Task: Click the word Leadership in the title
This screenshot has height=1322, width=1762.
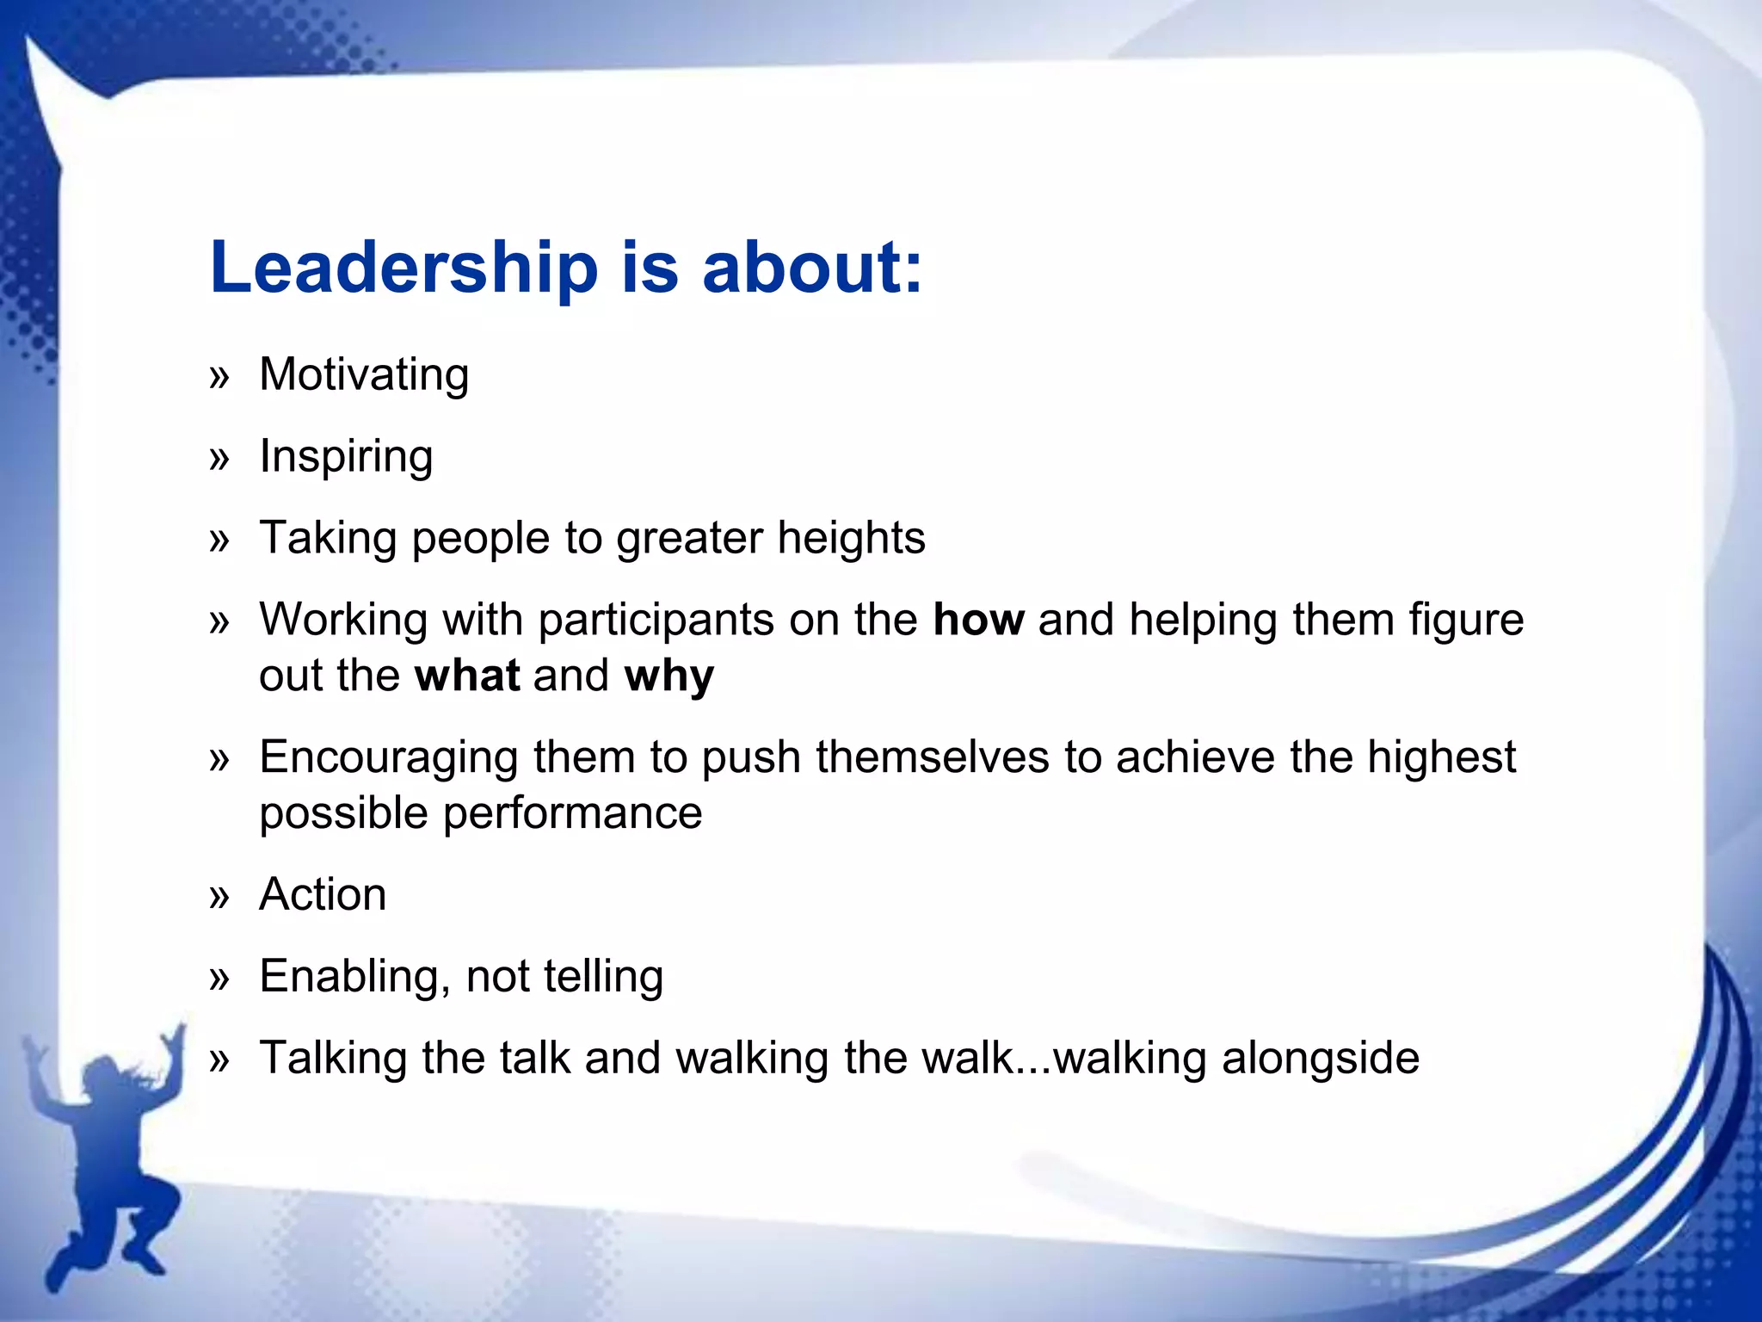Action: [x=404, y=267]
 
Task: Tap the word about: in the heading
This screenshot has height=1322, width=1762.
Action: [x=811, y=267]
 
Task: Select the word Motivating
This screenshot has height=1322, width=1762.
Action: [x=364, y=375]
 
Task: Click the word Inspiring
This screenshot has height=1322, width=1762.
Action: [x=346, y=457]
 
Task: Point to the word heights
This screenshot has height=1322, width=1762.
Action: [x=851, y=538]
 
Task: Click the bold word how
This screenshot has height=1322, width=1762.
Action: [x=978, y=620]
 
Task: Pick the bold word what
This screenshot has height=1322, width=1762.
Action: [x=467, y=676]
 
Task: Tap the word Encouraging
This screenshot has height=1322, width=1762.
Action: [x=389, y=758]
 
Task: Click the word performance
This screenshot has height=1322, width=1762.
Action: [x=572, y=813]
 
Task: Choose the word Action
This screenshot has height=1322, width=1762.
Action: [x=323, y=894]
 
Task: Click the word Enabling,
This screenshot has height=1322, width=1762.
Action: [x=355, y=977]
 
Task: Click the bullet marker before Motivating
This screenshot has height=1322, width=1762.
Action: [x=220, y=377]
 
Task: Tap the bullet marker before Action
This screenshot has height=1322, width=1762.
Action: [x=220, y=897]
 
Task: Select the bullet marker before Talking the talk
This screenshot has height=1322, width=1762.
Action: [x=220, y=1060]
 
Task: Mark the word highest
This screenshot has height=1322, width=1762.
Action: [x=1441, y=758]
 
